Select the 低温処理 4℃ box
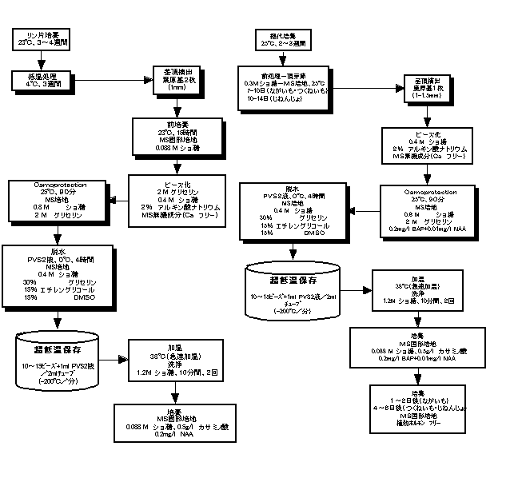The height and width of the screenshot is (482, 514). point(41,79)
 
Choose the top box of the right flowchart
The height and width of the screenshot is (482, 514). point(280,38)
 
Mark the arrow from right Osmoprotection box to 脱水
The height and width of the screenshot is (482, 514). point(365,211)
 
